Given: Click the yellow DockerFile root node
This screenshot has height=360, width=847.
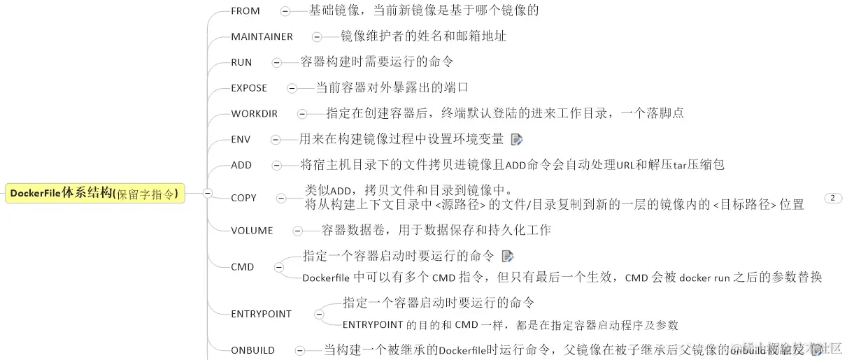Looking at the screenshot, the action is click(95, 194).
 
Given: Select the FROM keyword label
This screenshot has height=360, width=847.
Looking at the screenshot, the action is click(245, 11).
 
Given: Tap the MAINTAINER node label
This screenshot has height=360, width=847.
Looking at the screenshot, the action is click(262, 36).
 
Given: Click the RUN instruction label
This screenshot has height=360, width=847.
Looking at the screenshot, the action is click(241, 62).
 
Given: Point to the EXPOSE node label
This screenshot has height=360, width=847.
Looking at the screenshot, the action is click(249, 88).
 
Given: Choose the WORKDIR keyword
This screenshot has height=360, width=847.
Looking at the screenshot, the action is click(254, 114).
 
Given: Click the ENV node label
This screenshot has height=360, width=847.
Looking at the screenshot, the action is click(241, 139).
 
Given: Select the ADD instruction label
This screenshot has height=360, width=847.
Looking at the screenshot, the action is click(241, 166).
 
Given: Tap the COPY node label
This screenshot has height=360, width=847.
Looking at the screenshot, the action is click(243, 198).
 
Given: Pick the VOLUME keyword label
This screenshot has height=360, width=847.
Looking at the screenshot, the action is click(252, 230).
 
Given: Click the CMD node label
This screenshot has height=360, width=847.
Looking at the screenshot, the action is click(242, 267).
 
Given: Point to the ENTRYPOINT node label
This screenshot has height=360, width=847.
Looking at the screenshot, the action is click(261, 314).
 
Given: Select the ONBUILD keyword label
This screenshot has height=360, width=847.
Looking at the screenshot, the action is click(252, 350).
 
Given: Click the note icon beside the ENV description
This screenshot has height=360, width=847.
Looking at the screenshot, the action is click(517, 139).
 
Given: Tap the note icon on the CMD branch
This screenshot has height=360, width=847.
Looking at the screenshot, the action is click(508, 256).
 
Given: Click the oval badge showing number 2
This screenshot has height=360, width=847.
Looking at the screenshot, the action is click(833, 198).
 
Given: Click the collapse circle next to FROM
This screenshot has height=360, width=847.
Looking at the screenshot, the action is click(285, 11).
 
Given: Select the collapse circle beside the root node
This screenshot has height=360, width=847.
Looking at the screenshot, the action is click(207, 194).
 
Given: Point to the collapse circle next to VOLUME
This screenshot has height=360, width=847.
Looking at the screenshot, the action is click(297, 230).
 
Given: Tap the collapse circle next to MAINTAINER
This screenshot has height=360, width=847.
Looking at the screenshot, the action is click(317, 36).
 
